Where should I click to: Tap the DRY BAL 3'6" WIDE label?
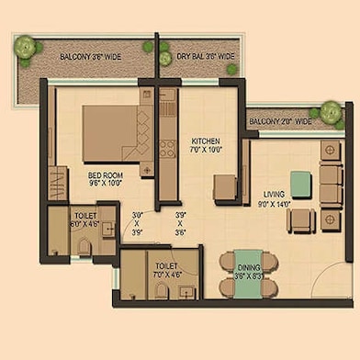[206, 56]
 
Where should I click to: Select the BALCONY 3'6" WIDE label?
[92, 56]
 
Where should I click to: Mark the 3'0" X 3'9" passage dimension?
[138, 223]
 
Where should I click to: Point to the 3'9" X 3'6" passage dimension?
[180, 223]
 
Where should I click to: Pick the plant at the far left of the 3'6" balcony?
[26, 48]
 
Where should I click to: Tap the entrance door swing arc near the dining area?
[326, 280]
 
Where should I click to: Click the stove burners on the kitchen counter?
[167, 148]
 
